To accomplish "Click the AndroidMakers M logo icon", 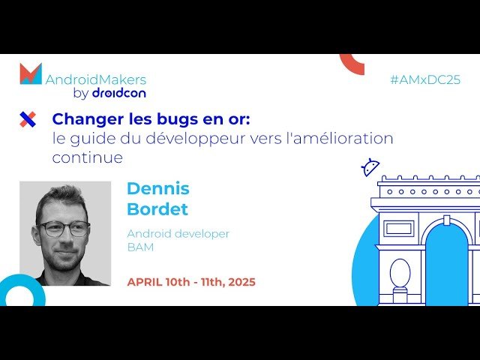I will (x=31, y=73).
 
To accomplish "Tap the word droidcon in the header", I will (x=118, y=93).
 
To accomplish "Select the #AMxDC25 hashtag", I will (x=425, y=79).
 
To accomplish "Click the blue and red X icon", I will (x=28, y=118).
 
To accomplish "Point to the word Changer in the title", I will (x=84, y=118).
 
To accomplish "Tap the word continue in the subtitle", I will (x=87, y=158).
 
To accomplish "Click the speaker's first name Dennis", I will (x=157, y=188).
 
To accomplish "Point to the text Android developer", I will (x=178, y=234).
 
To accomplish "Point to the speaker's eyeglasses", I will (x=63, y=229).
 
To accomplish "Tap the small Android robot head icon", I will (x=370, y=167).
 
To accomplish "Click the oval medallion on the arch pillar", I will (x=400, y=273).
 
